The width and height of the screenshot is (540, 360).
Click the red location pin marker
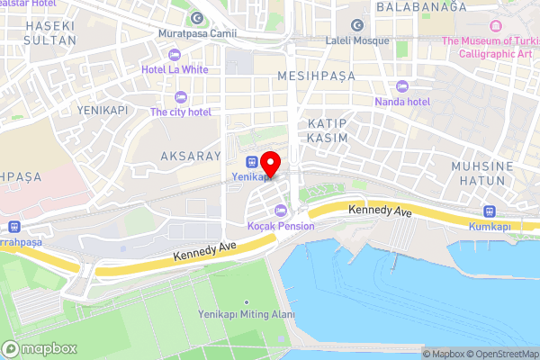click(x=271, y=163)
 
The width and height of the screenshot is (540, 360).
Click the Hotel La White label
click(x=175, y=68)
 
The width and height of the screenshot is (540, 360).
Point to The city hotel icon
click(x=180, y=97)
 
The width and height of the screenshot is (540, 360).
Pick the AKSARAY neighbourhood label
click(x=190, y=156)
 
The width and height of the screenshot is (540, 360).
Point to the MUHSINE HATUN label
click(x=482, y=174)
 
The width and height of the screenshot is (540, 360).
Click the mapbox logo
click(x=40, y=348)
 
